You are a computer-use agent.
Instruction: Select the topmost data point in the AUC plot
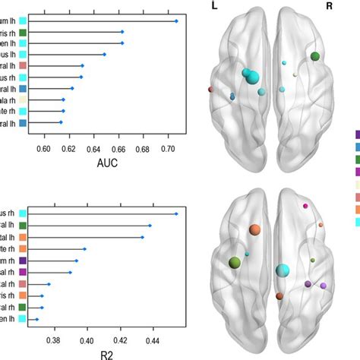pyautogui.click(x=176, y=21)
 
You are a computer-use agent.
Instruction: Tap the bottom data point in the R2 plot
pyautogui.click(x=36, y=320)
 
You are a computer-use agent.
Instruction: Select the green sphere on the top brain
pyautogui.click(x=314, y=56)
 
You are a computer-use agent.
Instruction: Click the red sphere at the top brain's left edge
pyautogui.click(x=210, y=90)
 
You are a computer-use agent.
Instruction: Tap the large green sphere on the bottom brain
pyautogui.click(x=235, y=262)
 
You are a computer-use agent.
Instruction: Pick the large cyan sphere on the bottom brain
pyautogui.click(x=283, y=270)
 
